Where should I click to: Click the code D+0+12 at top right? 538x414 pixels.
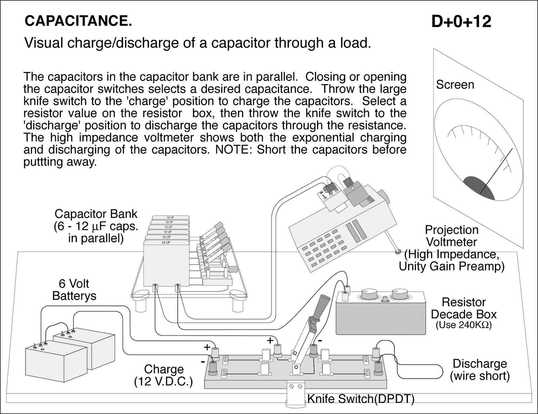pos(461,22)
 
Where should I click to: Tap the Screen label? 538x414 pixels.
pos(455,85)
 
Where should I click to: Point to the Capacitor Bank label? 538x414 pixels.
pos(96,226)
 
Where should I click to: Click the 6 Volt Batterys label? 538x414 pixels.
pos(74,290)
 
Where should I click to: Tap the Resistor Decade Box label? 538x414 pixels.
pos(463,308)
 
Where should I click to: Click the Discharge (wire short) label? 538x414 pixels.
pos(479,369)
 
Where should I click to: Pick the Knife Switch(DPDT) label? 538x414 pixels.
pos(360,399)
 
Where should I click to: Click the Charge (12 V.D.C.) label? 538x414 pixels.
pos(163,375)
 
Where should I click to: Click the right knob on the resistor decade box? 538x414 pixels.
pos(399,294)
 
